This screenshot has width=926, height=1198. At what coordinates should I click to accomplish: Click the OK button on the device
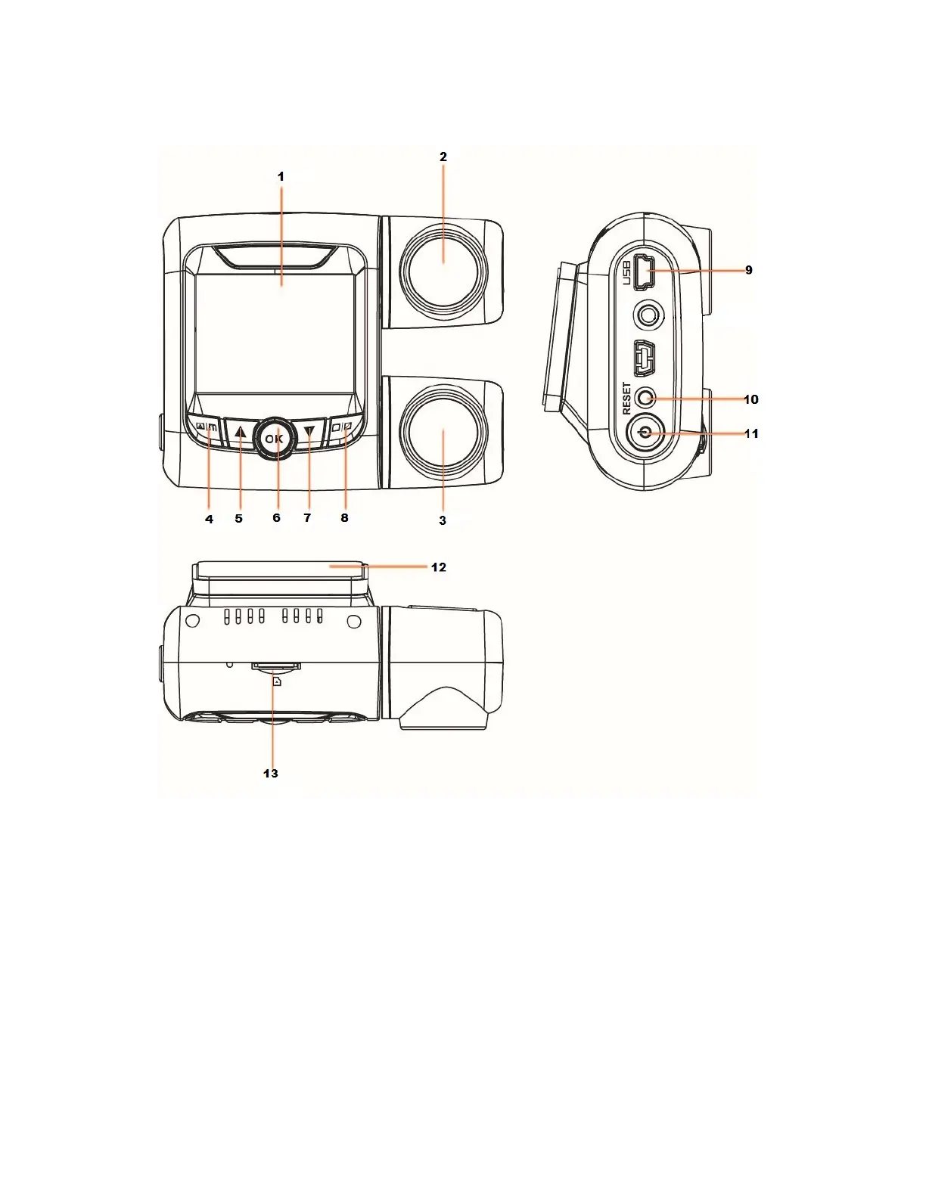click(275, 439)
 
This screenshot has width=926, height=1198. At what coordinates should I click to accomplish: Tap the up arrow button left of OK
click(240, 433)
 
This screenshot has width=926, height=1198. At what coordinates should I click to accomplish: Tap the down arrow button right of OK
click(309, 433)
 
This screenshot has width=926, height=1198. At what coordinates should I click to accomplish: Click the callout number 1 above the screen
click(281, 176)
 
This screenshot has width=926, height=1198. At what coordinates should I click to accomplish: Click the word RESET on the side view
click(626, 398)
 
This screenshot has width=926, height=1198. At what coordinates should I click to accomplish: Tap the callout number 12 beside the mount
click(439, 567)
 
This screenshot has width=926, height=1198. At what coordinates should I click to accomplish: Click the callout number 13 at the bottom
click(270, 773)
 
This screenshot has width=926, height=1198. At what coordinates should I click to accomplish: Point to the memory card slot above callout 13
click(275, 666)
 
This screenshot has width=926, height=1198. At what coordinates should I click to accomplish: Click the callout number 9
click(748, 270)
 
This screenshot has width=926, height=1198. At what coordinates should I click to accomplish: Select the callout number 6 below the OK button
click(276, 518)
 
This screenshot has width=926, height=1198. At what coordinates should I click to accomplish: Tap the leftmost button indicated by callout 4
click(205, 429)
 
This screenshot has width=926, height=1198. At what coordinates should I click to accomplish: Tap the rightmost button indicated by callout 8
click(343, 428)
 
